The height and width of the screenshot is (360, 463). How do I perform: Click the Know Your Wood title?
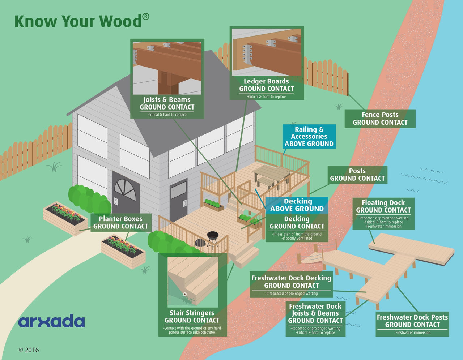(x=82, y=21)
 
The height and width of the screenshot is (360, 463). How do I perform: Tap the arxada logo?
(x=52, y=321)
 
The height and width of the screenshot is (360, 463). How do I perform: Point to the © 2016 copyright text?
(x=29, y=350)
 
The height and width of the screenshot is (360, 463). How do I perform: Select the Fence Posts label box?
(x=380, y=119)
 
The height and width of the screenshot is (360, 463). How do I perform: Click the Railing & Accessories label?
(x=309, y=137)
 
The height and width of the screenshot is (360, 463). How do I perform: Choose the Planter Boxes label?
(x=121, y=223)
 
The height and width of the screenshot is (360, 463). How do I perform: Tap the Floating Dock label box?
(x=383, y=214)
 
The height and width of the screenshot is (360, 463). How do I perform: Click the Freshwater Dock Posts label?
(x=412, y=324)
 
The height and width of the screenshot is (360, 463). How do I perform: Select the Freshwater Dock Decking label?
(x=291, y=284)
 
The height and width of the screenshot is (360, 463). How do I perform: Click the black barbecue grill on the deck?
(x=212, y=239)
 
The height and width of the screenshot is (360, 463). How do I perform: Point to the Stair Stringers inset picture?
(x=193, y=282)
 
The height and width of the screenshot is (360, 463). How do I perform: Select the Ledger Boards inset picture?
(x=267, y=52)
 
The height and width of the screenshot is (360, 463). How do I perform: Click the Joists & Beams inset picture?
(x=167, y=68)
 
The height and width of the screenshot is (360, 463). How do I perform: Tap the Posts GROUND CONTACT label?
(x=357, y=175)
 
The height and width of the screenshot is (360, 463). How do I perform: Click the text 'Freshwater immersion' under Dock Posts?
(x=412, y=333)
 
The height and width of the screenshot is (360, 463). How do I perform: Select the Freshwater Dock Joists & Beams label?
(x=315, y=319)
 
